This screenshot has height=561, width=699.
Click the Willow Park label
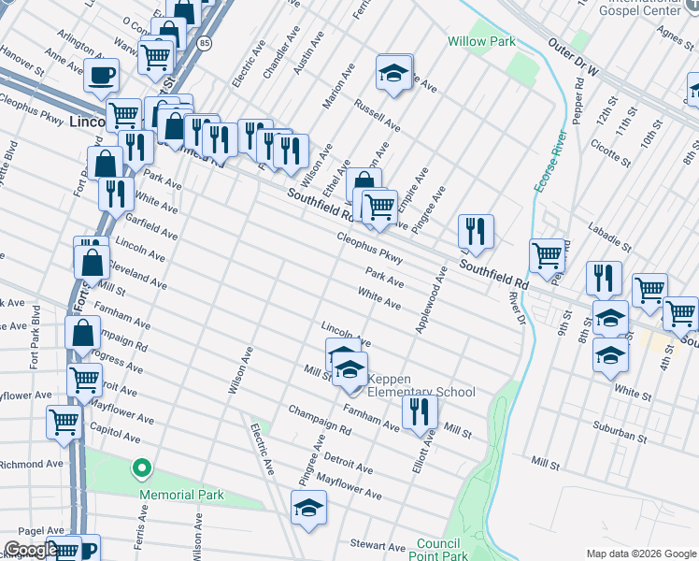481,42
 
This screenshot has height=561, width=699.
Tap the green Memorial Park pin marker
141,466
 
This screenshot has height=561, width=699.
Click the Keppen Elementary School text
420,385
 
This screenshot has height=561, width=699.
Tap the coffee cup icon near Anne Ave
101,74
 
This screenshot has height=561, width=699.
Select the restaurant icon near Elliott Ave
420,410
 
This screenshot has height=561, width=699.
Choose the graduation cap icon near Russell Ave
393,72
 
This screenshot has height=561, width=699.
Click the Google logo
30,550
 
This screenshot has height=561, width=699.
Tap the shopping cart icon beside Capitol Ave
64,421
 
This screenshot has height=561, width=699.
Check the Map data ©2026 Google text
640,554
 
